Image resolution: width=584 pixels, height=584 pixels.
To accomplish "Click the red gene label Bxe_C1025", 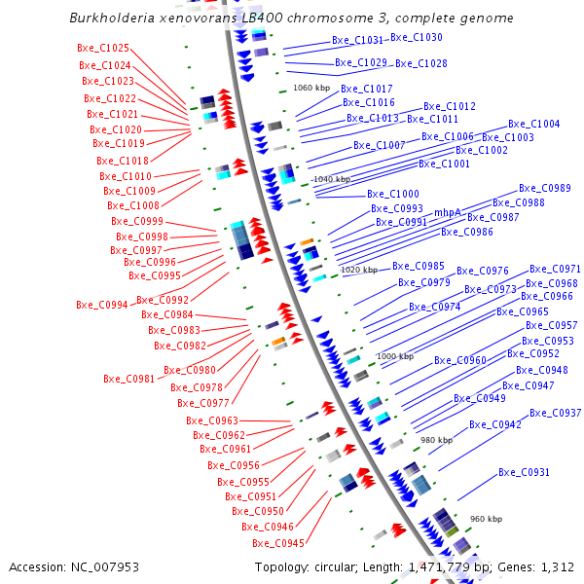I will (102, 48).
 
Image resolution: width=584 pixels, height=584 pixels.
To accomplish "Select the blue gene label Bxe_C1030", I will (416, 37).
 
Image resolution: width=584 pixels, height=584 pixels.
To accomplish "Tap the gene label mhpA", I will (447, 212).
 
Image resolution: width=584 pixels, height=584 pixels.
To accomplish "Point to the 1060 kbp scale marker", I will (312, 88).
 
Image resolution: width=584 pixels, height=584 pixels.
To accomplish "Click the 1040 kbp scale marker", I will (331, 179).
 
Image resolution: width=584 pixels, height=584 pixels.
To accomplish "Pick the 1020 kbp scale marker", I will (358, 270).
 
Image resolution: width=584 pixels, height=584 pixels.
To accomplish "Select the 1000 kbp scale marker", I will (394, 356).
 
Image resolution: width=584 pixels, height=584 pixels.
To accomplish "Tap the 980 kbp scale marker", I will (436, 440).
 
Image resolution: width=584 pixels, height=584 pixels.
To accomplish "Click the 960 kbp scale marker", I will (486, 519).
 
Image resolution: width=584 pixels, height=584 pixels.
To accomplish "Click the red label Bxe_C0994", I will (101, 305).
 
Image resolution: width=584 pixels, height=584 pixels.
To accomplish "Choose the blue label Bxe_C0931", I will (524, 472).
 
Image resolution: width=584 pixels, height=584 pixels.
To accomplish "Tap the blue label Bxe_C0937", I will (555, 413).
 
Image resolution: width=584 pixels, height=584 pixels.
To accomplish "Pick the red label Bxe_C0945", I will (277, 543).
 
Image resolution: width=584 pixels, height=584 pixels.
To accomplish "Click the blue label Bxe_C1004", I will (533, 124).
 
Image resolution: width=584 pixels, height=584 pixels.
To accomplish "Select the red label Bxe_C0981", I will (128, 379).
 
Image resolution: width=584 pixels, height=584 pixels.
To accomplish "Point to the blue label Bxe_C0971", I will (554, 269).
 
